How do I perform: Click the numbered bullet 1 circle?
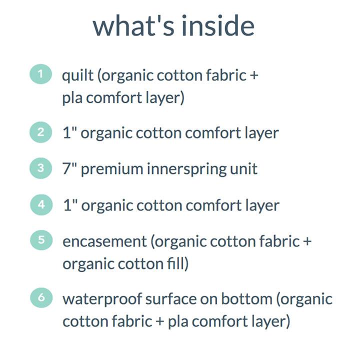click(x=41, y=74)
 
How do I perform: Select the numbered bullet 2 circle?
click(x=41, y=132)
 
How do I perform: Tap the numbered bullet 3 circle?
click(x=41, y=168)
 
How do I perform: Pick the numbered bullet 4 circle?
click(x=41, y=204)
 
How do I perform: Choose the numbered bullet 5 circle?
click(x=41, y=240)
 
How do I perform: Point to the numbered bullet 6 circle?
click(x=41, y=297)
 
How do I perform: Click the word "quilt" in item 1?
click(x=77, y=76)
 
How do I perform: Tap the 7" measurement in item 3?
click(x=69, y=168)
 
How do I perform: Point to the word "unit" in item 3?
click(x=244, y=169)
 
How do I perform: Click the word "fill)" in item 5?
click(x=178, y=263)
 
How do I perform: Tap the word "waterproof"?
click(x=102, y=299)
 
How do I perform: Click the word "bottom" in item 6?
click(x=245, y=299)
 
